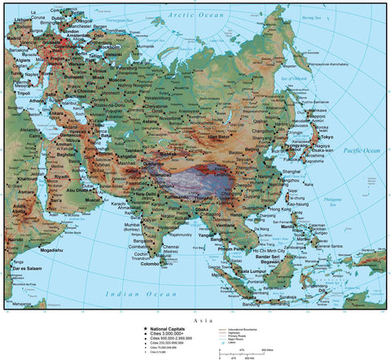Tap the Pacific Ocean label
(362, 151)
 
